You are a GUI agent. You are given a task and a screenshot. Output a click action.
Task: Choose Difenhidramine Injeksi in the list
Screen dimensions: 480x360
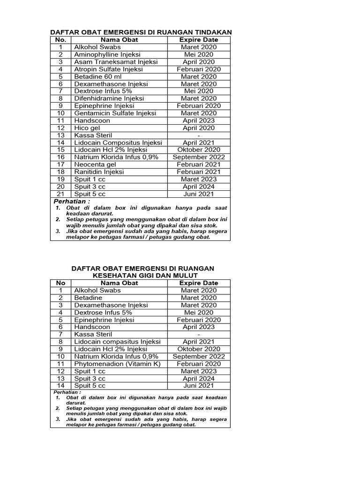point(109,98)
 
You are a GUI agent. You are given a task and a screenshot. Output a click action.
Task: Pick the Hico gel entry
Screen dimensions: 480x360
point(86,128)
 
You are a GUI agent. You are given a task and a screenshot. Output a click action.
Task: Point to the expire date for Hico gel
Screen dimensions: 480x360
point(199,128)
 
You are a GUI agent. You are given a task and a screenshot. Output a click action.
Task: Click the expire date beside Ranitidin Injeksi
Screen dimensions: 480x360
point(199,172)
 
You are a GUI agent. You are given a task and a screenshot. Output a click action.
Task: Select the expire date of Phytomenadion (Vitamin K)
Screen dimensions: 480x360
point(199,364)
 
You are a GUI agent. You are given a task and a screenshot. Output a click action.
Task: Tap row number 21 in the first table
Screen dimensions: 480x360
point(60,194)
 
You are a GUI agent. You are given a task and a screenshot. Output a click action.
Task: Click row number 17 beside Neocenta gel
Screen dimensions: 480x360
point(60,165)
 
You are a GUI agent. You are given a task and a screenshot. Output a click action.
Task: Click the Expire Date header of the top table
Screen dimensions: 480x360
point(199,40)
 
